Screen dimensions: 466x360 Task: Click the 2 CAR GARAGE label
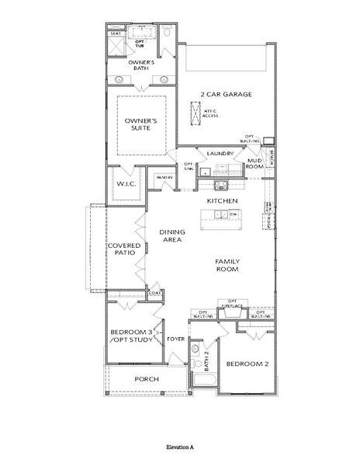pyautogui.click(x=225, y=94)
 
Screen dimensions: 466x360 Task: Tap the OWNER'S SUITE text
pyautogui.click(x=142, y=125)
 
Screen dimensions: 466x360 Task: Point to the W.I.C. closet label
pyautogui.click(x=126, y=184)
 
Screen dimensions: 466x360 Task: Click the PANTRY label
pyautogui.click(x=164, y=178)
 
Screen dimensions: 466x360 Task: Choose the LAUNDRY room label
pyautogui.click(x=220, y=154)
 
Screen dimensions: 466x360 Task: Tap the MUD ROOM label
pyautogui.click(x=255, y=164)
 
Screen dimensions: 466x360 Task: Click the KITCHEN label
pyautogui.click(x=221, y=200)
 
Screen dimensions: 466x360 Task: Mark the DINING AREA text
pyautogui.click(x=171, y=236)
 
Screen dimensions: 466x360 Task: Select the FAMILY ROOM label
pyautogui.click(x=227, y=265)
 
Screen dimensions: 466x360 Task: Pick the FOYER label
pyautogui.click(x=175, y=339)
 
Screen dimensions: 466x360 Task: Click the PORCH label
pyautogui.click(x=147, y=379)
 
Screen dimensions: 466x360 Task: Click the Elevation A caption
pyautogui.click(x=180, y=448)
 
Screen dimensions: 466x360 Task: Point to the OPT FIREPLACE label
pyautogui.click(x=232, y=304)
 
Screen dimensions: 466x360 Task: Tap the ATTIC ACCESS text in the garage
pyautogui.click(x=209, y=113)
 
